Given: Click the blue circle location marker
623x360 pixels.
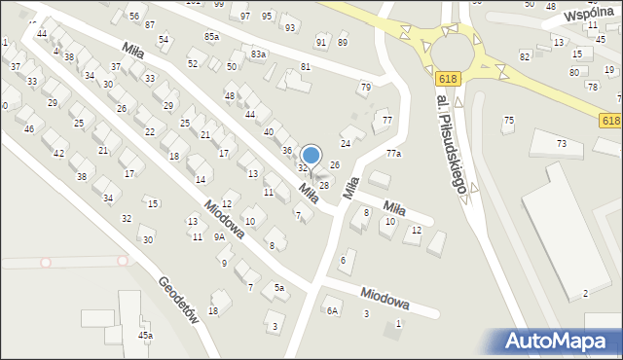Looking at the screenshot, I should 311,154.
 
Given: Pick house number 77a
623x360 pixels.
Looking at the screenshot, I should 393,154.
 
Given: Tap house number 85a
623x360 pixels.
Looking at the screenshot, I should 212,36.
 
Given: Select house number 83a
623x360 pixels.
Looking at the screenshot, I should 258,54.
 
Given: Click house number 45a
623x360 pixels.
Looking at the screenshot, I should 145,336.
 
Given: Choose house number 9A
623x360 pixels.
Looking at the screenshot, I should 220,236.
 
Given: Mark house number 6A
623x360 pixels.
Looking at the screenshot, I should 332,310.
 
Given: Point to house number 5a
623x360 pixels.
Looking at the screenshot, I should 278,288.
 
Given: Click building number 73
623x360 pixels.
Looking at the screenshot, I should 562,144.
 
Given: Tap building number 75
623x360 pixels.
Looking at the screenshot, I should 508,120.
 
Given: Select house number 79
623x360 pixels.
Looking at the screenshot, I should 366,88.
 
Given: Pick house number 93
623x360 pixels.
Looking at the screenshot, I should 290,27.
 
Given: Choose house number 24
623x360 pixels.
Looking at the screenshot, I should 346,143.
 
